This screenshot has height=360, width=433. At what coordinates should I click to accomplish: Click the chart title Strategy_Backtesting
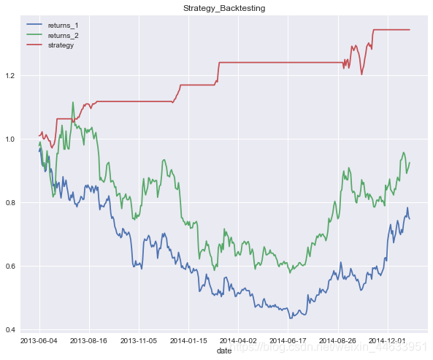pyautogui.click(x=224, y=7)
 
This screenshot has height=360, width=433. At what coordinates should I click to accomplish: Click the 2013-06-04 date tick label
pyautogui.click(x=39, y=340)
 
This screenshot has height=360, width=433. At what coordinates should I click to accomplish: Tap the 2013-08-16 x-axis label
pyautogui.click(x=89, y=340)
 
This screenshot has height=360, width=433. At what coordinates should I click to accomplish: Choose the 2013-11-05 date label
pyautogui.click(x=139, y=340)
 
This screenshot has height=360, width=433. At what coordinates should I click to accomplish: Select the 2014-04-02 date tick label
pyautogui.click(x=238, y=340)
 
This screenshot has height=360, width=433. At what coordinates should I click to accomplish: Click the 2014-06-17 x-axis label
pyautogui.click(x=288, y=340)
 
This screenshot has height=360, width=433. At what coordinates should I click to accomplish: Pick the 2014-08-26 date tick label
pyautogui.click(x=337, y=340)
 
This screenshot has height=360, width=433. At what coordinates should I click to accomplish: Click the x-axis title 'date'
pyautogui.click(x=224, y=351)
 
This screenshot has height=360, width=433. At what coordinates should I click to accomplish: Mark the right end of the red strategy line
pyautogui.click(x=410, y=30)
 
